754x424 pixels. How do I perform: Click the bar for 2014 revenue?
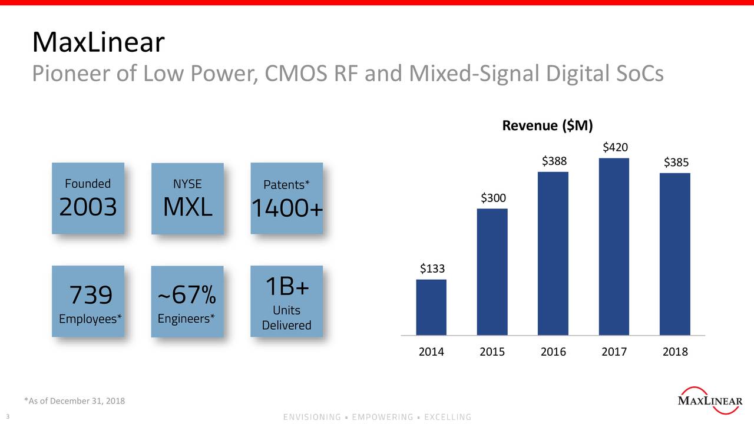(431, 307)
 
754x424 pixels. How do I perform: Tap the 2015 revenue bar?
(492, 271)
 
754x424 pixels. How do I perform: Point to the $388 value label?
(553, 161)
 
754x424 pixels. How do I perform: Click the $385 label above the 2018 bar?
(675, 162)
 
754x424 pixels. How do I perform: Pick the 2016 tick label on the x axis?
(553, 352)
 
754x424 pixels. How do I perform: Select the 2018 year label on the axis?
(675, 352)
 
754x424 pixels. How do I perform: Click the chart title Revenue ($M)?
(547, 125)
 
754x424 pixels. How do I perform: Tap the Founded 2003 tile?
(88, 198)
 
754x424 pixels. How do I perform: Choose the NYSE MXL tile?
(187, 198)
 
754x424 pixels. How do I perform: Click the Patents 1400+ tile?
(287, 198)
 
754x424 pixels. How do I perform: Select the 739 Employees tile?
(88, 301)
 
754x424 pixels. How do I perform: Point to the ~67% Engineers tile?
(187, 301)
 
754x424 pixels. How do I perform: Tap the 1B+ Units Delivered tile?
(287, 301)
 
